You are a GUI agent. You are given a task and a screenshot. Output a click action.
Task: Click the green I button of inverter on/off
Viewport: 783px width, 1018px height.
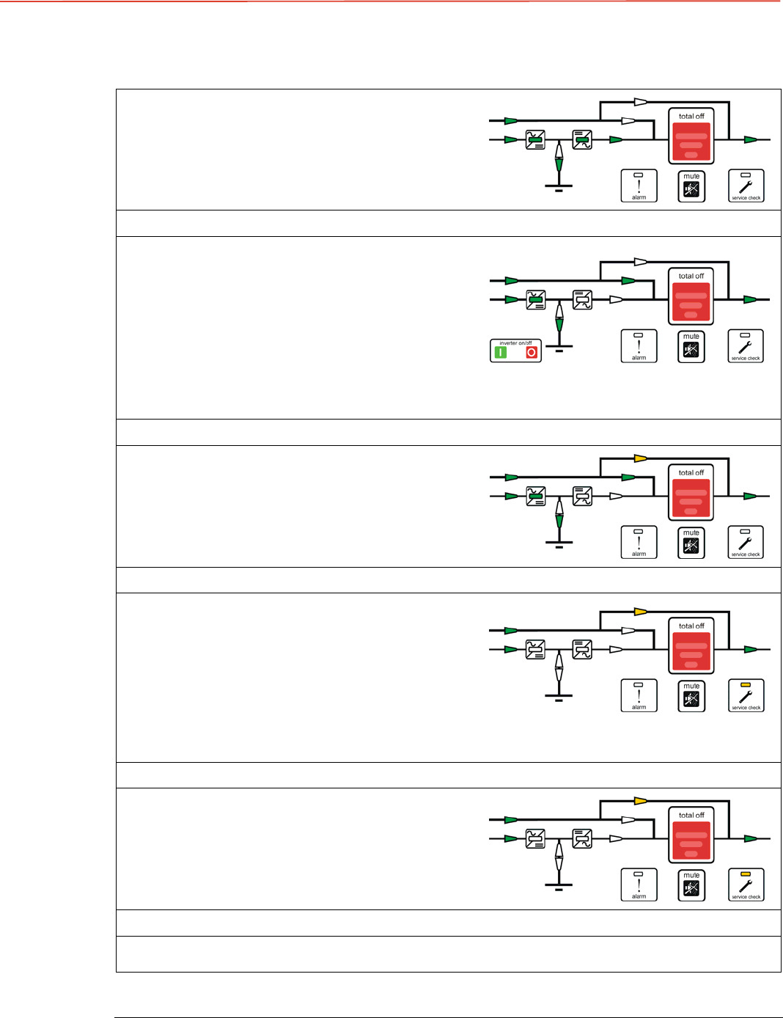501,353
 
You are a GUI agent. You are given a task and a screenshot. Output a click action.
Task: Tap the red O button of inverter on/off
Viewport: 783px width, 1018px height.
532,353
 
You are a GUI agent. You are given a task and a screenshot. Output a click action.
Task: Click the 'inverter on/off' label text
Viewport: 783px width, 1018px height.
515,343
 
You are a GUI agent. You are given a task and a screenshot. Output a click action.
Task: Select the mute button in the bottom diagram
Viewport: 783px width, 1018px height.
691,885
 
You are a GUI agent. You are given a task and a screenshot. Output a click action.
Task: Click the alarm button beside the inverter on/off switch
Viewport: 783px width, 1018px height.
639,346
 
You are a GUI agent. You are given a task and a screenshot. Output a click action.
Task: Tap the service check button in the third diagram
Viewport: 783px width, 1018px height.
746,543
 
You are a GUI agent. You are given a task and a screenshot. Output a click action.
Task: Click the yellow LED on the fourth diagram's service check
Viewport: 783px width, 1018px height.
746,684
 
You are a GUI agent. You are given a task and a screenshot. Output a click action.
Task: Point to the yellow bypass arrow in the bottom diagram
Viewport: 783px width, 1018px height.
640,801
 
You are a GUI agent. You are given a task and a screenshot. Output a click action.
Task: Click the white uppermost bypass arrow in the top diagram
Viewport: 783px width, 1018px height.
640,102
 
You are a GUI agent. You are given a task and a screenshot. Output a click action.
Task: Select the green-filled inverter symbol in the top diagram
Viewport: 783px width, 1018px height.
582,139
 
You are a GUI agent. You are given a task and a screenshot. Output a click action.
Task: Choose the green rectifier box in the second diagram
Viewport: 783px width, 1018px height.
536,299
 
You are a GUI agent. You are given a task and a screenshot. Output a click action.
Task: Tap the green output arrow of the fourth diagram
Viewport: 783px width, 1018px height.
750,650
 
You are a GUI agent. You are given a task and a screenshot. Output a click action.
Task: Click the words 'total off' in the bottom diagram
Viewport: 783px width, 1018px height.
691,815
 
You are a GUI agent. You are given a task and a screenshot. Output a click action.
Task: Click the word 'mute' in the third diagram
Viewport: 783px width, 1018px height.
691,533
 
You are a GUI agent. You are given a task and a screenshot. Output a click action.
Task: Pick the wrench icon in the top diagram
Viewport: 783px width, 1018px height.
746,188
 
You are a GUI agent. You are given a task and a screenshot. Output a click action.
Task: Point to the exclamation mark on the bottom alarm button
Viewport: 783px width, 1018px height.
639,885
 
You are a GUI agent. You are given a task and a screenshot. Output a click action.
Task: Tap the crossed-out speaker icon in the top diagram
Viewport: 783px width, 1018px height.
691,190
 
